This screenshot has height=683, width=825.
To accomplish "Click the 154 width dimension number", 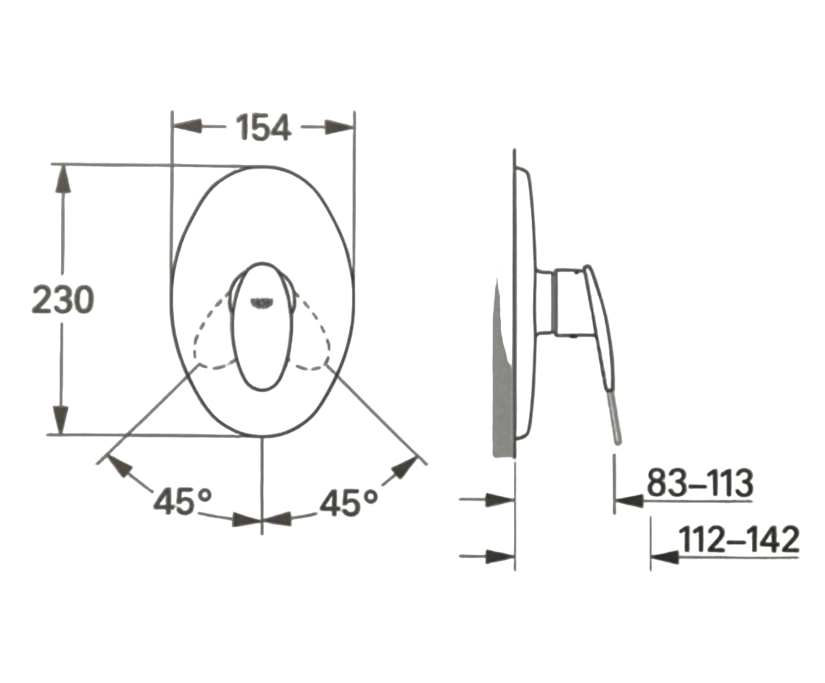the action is [x=264, y=128].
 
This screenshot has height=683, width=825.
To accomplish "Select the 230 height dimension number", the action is [x=63, y=300].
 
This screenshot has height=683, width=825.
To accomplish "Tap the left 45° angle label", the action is [x=183, y=501].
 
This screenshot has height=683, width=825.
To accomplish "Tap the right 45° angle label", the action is [x=349, y=502].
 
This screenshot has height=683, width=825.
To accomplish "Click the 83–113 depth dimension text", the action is [x=700, y=483].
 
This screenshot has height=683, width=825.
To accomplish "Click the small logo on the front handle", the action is [x=261, y=302].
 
